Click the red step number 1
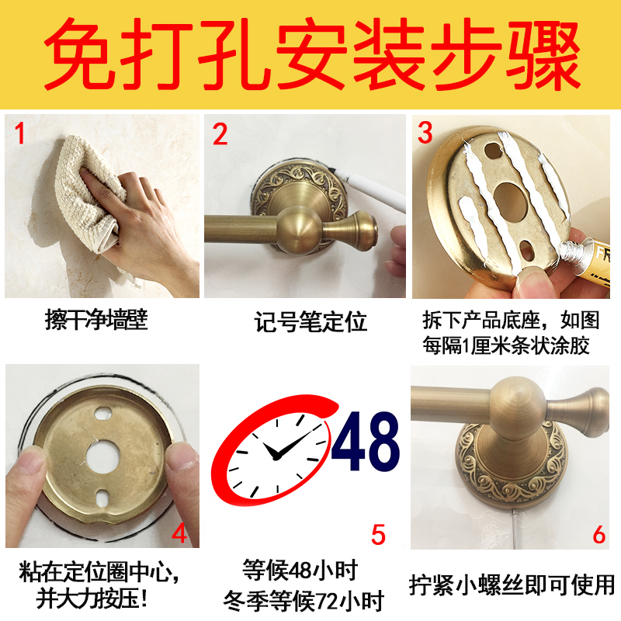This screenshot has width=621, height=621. coord(19,133)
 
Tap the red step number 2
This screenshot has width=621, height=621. coord(220,134)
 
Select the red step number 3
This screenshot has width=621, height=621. coord(425,132)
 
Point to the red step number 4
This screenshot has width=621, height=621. coord(179,533)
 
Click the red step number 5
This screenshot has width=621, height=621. coord(378,535)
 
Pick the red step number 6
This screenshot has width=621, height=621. coord(599,534)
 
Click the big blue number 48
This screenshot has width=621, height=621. coord(365,441)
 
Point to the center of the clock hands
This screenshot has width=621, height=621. coord(276,456)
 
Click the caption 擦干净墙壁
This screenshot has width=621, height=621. coord(95,321)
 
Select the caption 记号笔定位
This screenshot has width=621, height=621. coord(310,321)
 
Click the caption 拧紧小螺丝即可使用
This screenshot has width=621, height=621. coord(512,585)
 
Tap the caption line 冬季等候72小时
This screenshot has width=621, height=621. coord(304,600)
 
